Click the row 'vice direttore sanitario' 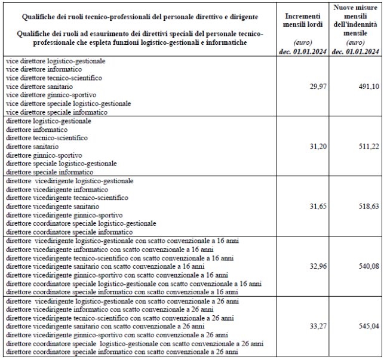pos(39,87)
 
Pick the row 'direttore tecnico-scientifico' pos(46,138)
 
